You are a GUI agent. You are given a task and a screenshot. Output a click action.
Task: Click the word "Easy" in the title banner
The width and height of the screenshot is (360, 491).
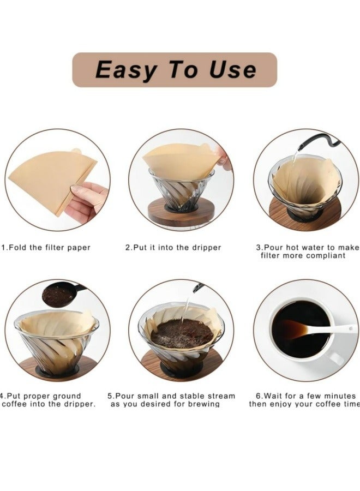(125, 69)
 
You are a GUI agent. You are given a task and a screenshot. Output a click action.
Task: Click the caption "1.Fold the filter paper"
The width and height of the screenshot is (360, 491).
(46, 248)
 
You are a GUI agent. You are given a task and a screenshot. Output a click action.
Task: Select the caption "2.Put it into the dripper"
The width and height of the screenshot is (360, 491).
(173, 248)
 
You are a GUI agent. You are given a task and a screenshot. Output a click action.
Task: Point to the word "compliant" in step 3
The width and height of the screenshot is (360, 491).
(326, 256)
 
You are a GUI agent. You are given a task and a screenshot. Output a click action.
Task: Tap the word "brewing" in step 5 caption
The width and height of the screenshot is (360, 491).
(204, 404)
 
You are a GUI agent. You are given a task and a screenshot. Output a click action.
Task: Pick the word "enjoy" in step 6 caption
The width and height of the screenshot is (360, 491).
(280, 404)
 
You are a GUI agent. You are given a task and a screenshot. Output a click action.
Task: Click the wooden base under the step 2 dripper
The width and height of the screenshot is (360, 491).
(181, 212)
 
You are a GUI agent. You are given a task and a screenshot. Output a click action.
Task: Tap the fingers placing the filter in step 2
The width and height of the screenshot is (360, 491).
(225, 159)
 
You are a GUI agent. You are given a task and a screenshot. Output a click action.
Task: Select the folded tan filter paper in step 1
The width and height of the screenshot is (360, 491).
(50, 178)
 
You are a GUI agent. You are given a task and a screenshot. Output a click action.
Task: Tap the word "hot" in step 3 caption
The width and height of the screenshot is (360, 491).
(292, 248)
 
